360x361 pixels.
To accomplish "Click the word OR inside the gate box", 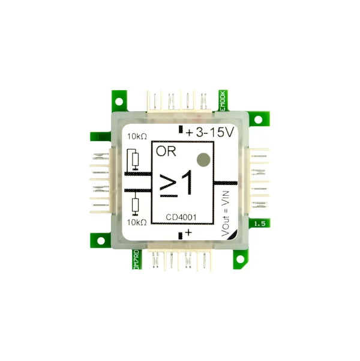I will coord(164,151).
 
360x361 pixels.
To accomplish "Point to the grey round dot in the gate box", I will coord(203,159).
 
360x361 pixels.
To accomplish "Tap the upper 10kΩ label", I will coord(137,137).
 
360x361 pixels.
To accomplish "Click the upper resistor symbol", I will coord(136,160).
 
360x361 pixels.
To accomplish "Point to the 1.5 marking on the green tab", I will coord(260,223).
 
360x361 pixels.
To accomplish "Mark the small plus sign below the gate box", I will coord(189,232).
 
